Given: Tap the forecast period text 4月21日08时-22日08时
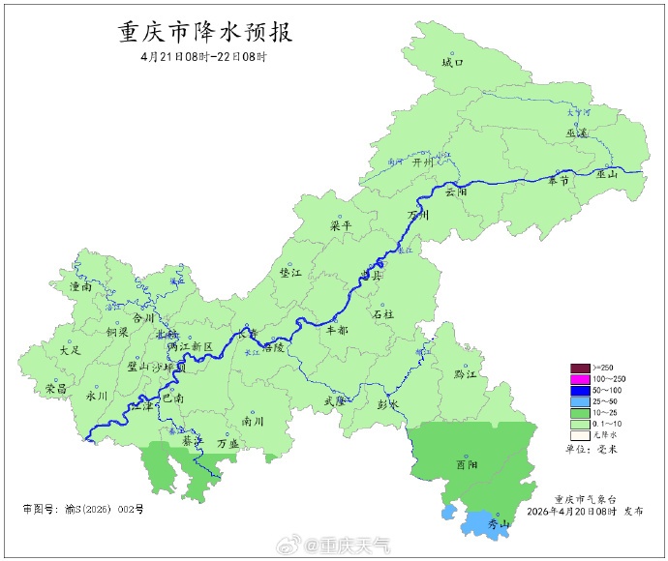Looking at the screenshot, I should pos(203,57).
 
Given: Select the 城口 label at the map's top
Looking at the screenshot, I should pos(452,63).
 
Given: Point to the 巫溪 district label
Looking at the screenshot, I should pos(577,133).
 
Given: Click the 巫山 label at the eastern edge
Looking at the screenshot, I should pos(607,175).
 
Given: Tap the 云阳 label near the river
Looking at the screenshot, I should pos(456,192).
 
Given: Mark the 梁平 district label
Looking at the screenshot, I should pos(342,225).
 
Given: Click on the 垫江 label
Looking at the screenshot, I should pos(289,274).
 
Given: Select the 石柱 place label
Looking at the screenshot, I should pos(383,314).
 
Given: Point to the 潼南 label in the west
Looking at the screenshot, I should pos(81,286).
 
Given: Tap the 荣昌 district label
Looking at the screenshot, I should pos(56,388).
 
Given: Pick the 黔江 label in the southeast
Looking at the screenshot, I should pos(466,373).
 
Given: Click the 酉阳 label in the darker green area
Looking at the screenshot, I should pos(467,464).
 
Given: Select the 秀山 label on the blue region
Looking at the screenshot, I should pos(498,523).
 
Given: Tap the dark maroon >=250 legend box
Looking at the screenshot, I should pos(580,368).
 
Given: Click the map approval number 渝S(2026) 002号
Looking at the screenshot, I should pos(82,508).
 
